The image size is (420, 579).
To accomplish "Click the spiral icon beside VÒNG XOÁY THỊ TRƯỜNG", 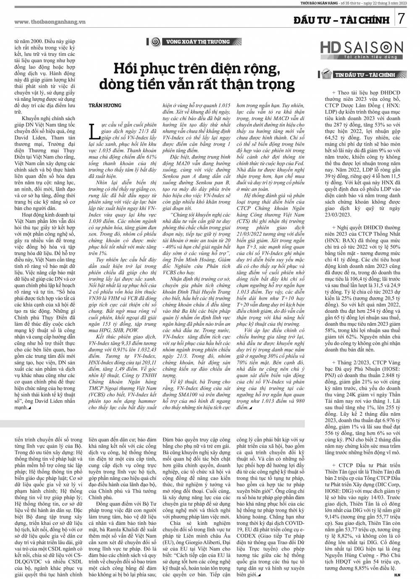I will tap(155, 42).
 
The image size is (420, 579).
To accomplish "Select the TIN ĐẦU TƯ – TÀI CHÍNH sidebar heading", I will tap(365, 75).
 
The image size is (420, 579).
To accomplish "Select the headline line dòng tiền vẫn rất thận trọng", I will tap(197, 84).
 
